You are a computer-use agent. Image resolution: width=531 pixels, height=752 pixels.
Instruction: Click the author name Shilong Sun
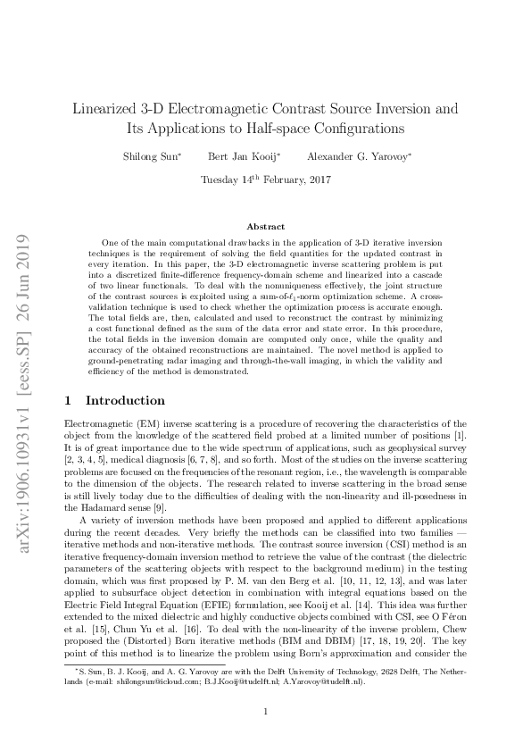tap(153, 156)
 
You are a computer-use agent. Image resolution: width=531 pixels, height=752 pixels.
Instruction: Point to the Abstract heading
tap(265, 227)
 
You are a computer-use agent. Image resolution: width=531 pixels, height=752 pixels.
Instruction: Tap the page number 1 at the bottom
tap(265, 711)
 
